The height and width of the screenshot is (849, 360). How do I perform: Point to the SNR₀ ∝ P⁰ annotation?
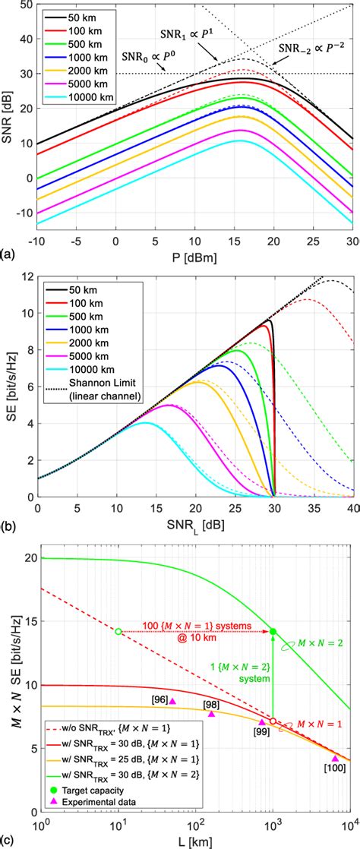[145, 58]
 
